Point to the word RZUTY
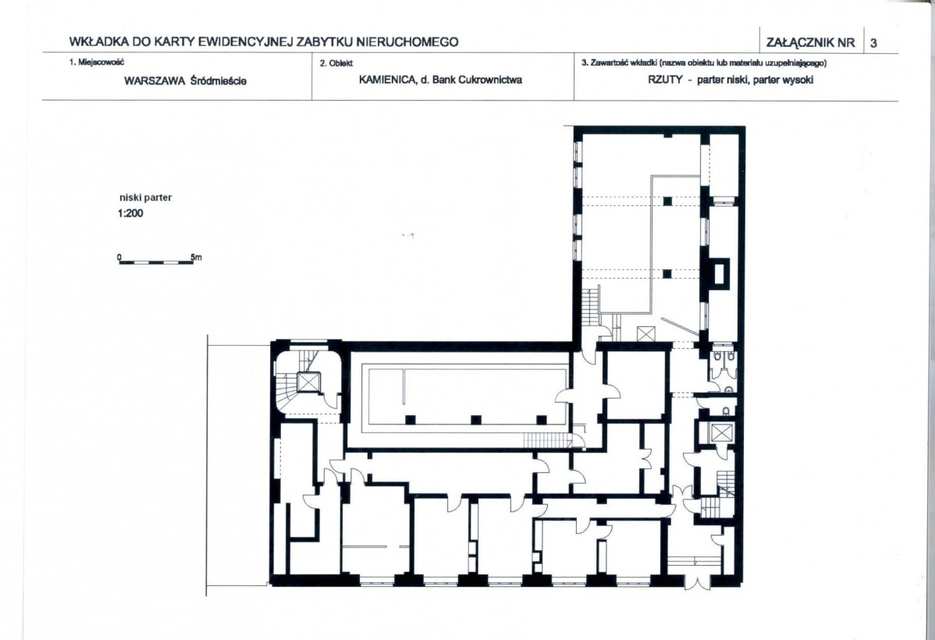click(665, 80)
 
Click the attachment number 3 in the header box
click(873, 43)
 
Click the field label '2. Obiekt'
click(336, 63)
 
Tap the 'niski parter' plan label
click(145, 198)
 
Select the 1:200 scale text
click(130, 214)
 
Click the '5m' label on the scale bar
click(196, 258)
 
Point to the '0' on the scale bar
click(119, 258)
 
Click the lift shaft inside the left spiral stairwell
click(308, 382)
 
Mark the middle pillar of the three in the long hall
click(476, 419)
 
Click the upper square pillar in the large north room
click(667, 201)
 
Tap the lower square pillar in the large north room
click(667, 274)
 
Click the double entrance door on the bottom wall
click(697, 581)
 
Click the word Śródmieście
click(219, 80)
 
